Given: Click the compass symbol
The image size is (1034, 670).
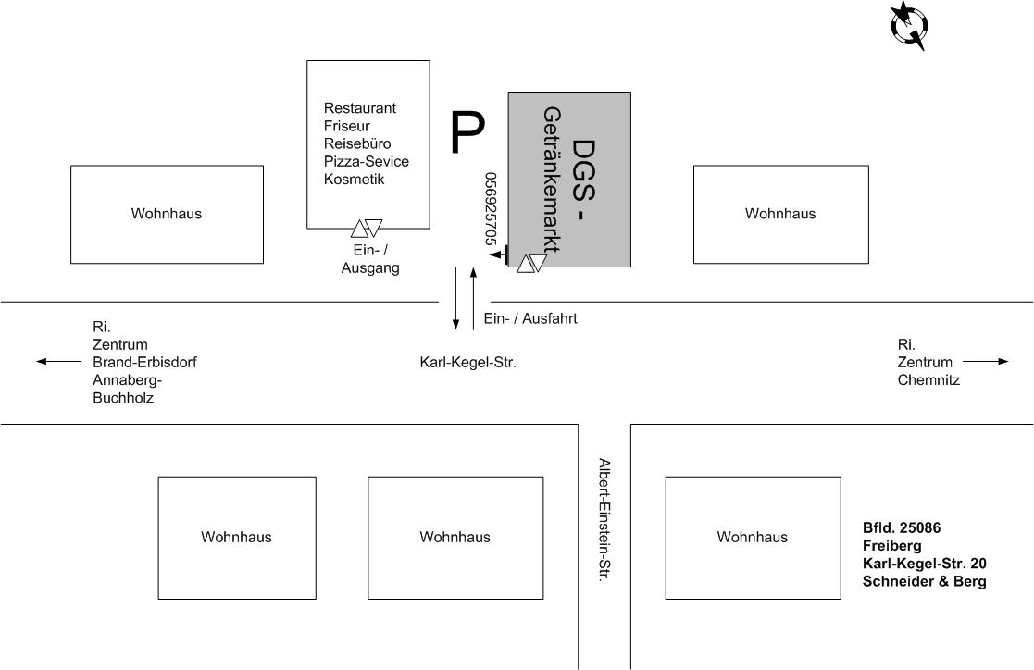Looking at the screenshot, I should (x=908, y=24).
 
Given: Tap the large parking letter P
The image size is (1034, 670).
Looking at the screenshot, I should (x=467, y=133).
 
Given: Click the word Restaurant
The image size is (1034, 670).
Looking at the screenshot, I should (x=360, y=108).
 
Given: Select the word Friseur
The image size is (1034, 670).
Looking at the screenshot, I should (x=347, y=126).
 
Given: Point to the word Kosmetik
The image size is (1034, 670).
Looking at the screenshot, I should (x=354, y=179).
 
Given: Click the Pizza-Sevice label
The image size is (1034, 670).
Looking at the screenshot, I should (x=367, y=161).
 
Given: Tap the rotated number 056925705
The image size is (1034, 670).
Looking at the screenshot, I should (x=491, y=209).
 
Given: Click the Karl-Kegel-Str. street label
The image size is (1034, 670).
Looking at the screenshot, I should (x=467, y=363).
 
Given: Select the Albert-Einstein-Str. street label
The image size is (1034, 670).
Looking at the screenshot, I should (x=604, y=519).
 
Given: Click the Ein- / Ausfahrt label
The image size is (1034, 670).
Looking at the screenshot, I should (x=530, y=318).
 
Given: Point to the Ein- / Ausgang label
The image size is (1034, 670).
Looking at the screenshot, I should (x=370, y=260).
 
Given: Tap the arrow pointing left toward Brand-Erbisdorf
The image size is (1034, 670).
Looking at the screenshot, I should (x=59, y=362).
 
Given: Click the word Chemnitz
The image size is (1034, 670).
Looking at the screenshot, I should (x=928, y=379).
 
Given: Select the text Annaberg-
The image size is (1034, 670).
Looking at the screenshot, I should (x=128, y=379).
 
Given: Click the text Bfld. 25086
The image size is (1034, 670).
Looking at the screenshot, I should (x=902, y=528).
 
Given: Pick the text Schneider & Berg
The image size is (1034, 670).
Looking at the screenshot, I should (x=925, y=581).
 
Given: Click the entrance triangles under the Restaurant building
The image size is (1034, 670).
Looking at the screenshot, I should (x=367, y=228).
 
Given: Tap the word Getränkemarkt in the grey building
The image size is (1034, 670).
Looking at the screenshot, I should (x=553, y=180).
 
